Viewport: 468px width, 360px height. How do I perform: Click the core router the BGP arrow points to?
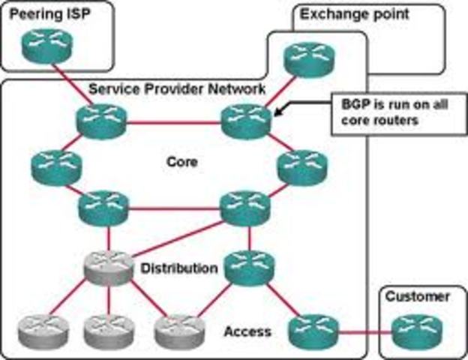point(247,120)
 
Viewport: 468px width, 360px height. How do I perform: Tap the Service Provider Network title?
point(177,89)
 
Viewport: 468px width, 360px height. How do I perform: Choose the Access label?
point(247,331)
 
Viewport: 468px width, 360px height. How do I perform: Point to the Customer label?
point(418,297)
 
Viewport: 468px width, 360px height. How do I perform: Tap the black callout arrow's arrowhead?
point(278,113)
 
